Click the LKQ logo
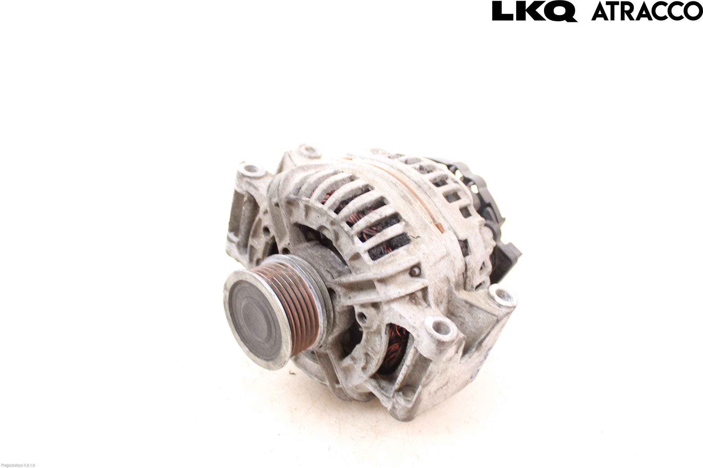pyautogui.click(x=534, y=11)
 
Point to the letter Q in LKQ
pyautogui.click(x=561, y=11)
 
